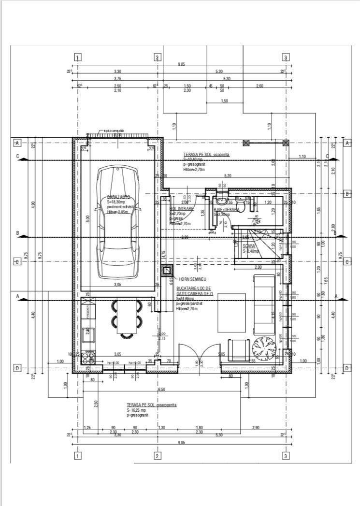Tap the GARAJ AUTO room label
pyautogui.click(x=119, y=197)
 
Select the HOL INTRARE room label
pyautogui.click(x=181, y=209)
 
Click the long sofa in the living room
pyautogui.click(x=264, y=304)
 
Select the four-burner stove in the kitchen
pyautogui.click(x=88, y=358)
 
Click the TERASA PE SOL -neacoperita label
pyautogui.click(x=152, y=405)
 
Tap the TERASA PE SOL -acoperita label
pyautogui.click(x=206, y=154)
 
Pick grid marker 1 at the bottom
pyautogui.click(x=77, y=455)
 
